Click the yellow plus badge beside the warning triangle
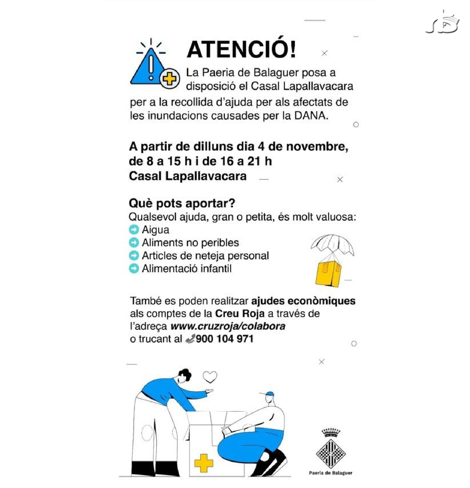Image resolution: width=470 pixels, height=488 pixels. [x=170, y=79]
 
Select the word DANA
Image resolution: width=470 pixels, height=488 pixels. [x=311, y=115]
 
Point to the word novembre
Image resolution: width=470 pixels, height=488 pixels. [x=317, y=147]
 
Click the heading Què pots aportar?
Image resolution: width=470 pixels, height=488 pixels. [x=182, y=203]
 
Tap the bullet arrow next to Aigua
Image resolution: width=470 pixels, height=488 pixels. [x=134, y=230]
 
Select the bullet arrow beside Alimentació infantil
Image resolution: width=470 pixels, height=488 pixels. [x=134, y=269]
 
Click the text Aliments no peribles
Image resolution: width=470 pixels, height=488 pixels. [x=190, y=243]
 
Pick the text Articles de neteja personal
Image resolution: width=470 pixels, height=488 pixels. [x=205, y=256]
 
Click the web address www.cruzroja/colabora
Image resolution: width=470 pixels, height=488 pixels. [x=228, y=326]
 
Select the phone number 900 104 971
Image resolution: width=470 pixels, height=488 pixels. [x=225, y=339]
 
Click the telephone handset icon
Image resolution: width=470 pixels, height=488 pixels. [x=190, y=339]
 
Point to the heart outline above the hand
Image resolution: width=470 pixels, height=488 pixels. [x=210, y=377]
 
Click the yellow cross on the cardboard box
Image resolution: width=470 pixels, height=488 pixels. [x=204, y=463]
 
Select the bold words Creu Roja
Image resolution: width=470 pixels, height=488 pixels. [x=240, y=313]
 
